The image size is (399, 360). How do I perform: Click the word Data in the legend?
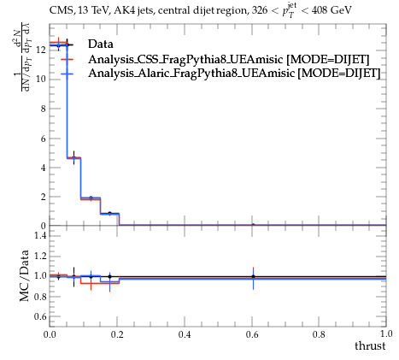(x=101, y=44)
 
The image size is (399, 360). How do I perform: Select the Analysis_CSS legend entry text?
(x=229, y=59)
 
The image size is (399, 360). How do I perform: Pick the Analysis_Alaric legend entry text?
(x=234, y=74)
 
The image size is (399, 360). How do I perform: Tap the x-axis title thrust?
(x=370, y=345)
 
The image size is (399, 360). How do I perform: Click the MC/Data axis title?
(x=25, y=275)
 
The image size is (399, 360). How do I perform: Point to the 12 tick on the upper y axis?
(x=41, y=50)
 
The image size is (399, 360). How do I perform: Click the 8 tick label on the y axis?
(x=43, y=109)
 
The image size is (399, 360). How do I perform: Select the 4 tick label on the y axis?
(x=43, y=168)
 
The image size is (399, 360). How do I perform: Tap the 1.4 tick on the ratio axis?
(x=41, y=235)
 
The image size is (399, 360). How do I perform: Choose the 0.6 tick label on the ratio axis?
(x=41, y=316)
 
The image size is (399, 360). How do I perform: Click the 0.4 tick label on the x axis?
(x=185, y=334)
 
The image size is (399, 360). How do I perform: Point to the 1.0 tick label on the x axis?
(x=386, y=333)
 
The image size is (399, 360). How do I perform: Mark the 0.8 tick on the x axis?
(x=319, y=334)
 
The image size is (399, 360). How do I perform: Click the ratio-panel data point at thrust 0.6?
(x=253, y=276)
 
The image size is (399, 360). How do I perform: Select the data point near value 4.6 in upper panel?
(x=74, y=157)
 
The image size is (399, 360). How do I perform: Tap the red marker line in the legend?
(x=67, y=60)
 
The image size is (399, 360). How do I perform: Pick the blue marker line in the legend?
(x=67, y=74)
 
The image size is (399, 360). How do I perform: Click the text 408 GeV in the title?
(x=332, y=10)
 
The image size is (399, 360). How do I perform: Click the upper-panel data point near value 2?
(x=91, y=198)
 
